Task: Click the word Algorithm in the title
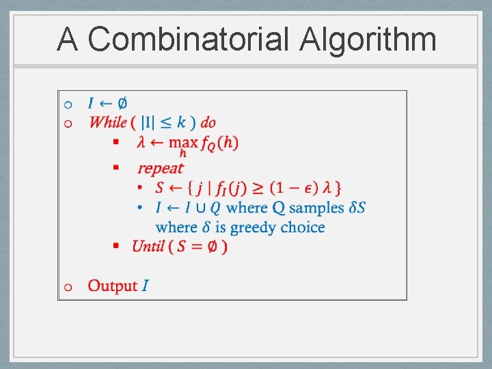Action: [x=368, y=39]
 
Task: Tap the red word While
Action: [x=108, y=123]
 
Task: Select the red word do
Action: [x=208, y=123]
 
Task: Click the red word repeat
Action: [x=160, y=168]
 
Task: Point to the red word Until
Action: [x=148, y=246]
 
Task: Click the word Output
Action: [x=113, y=286]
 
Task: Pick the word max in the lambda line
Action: [x=183, y=142]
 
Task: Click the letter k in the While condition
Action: [x=181, y=122]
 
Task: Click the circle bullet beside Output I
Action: [x=67, y=287]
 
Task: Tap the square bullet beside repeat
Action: [x=116, y=167]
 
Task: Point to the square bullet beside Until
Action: [x=116, y=245]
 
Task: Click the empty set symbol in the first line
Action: [x=122, y=104]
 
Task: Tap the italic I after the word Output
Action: [x=145, y=286]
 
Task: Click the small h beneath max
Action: [x=183, y=154]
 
